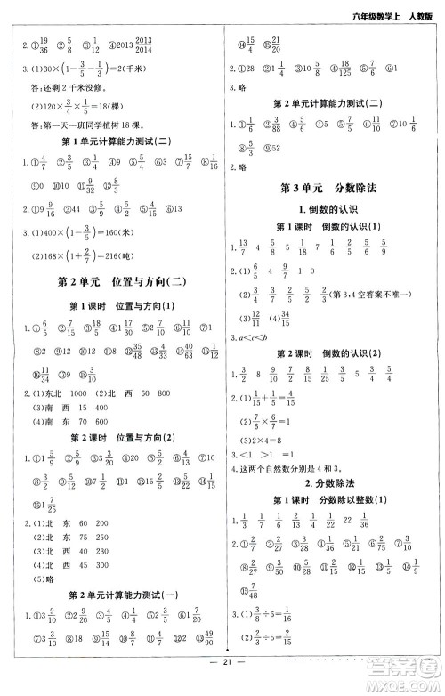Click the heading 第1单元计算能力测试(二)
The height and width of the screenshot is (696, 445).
click(x=111, y=142)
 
